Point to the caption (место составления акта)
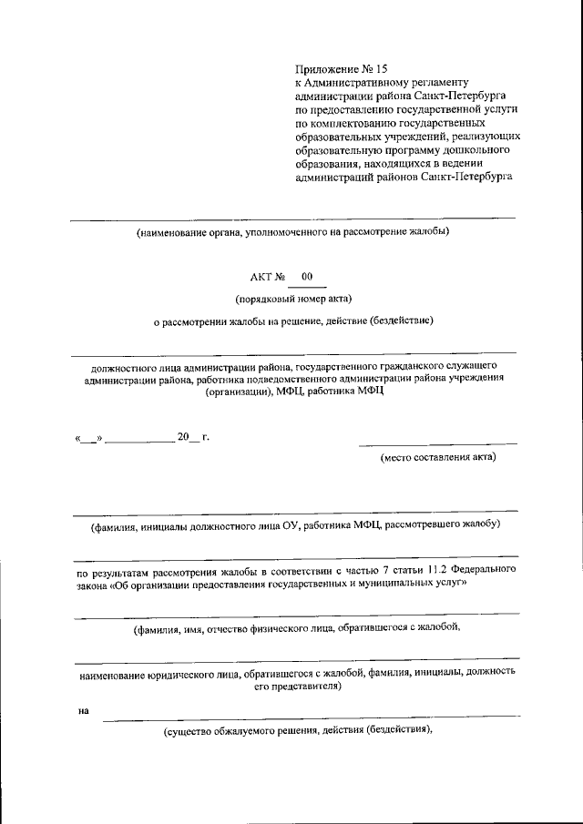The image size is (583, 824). tap(438, 457)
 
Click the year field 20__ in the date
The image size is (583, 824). tap(187, 437)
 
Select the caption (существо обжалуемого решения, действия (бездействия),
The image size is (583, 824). tap(297, 731)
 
